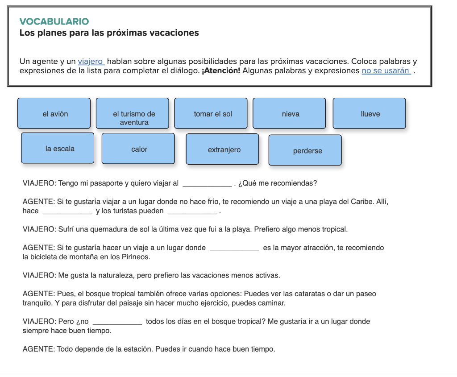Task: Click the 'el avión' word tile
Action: tap(54, 113)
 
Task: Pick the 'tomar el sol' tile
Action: tap(211, 113)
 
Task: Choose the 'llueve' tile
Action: tap(370, 113)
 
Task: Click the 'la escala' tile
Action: tap(58, 148)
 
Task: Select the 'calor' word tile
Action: tap(138, 149)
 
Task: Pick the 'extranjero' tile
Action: tap(222, 149)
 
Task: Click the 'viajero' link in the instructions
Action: tap(91, 62)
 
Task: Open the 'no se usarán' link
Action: tap(386, 70)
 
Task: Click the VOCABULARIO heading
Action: tap(54, 21)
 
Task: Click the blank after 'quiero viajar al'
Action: tap(208, 183)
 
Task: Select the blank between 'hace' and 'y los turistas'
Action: tap(67, 211)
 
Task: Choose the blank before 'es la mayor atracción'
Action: tap(234, 248)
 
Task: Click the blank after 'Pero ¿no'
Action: tap(117, 321)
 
